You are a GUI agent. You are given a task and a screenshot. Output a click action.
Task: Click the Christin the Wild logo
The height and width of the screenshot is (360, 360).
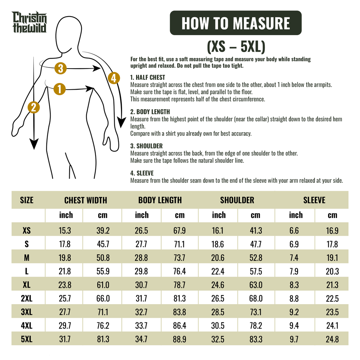tap(30, 22)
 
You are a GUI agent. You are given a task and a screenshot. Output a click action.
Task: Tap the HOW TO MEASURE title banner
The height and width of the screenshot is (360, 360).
tap(236, 23)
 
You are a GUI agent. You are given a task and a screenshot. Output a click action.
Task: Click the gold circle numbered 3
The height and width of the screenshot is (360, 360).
tap(60, 68)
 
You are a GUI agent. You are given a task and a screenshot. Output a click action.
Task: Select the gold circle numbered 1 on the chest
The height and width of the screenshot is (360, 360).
tap(59, 89)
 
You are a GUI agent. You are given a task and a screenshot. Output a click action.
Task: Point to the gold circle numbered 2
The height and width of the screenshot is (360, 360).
tap(33, 108)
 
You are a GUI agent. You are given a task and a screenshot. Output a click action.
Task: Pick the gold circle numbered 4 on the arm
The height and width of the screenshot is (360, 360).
tap(114, 78)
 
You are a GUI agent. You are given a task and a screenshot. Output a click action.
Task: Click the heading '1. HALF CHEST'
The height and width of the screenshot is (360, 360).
tap(148, 77)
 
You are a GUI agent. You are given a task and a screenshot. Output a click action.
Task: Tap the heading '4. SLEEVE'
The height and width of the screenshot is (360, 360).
tap(142, 173)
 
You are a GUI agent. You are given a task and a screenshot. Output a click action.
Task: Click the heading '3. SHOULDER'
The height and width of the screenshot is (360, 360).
tap(147, 146)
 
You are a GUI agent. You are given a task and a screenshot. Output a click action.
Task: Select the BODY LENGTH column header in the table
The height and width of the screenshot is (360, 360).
tap(160, 200)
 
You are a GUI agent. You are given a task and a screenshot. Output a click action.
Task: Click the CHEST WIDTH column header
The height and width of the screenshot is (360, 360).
tap(86, 200)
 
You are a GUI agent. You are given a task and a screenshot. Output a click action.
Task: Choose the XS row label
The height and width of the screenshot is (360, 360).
tap(27, 230)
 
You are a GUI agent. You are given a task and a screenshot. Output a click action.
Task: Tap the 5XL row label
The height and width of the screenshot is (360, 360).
tap(27, 339)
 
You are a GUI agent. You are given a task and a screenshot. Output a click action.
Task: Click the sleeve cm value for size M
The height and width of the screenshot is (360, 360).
tap(332, 258)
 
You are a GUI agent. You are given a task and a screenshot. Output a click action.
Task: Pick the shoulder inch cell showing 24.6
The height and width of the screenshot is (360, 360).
tap(218, 285)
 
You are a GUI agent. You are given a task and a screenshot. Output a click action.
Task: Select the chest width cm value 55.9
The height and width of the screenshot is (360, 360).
tap(103, 271)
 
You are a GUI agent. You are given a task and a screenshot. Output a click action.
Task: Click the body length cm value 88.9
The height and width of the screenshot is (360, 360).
tap(180, 339)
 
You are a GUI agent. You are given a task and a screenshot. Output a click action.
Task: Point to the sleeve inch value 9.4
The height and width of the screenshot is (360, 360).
tap(294, 326)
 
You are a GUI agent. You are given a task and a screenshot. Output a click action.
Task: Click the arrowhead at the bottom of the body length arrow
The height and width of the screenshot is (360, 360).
tap(34, 144)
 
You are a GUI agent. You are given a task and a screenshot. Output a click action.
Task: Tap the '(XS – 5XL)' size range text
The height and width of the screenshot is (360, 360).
tap(236, 47)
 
